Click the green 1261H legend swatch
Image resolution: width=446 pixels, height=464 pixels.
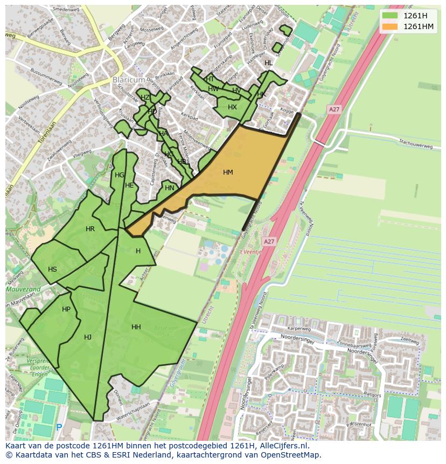click(x=390, y=16)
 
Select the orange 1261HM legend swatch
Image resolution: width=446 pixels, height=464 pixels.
click(x=390, y=26)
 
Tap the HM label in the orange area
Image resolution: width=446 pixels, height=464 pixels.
click(x=228, y=172)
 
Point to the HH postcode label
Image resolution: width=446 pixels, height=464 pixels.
click(x=136, y=327)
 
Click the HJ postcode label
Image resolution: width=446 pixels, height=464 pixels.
click(x=88, y=337)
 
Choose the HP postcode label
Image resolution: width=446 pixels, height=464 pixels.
click(x=66, y=309)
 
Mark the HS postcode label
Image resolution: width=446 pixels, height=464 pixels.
click(x=52, y=269)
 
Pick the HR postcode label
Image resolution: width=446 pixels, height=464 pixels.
click(x=90, y=229)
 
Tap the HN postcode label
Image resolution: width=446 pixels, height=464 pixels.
click(x=170, y=188)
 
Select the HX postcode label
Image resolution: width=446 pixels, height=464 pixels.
click(x=232, y=107)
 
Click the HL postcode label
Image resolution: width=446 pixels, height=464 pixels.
click(x=268, y=63)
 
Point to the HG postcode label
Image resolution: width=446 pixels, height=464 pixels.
click(x=119, y=175)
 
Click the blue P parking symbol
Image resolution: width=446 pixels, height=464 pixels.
click(x=59, y=427)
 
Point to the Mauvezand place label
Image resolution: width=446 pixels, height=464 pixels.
click(x=23, y=289)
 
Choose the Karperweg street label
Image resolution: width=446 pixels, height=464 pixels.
click(x=299, y=328)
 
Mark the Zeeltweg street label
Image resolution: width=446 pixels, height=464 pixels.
click(x=410, y=341)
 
